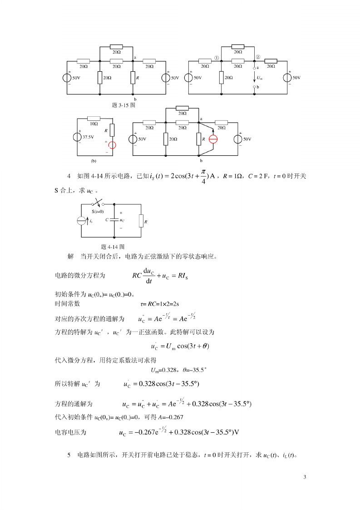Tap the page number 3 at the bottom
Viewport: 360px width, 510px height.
pos(305,477)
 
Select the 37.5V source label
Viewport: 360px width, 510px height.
pos(88,136)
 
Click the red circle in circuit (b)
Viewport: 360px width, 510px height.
pos(112,145)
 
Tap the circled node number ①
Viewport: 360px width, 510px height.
pos(217,58)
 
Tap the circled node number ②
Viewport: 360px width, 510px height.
pos(258,57)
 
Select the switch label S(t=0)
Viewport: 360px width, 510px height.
pos(97,212)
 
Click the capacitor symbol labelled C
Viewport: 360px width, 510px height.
pos(114,220)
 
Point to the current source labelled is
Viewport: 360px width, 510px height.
pos(82,221)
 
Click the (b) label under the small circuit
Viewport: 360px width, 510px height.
pos(94,160)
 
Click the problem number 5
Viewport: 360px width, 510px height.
pos(69,455)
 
